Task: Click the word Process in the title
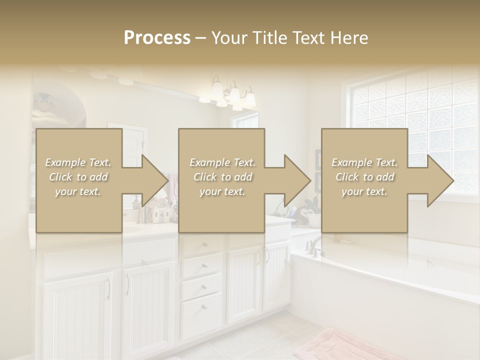point(157,37)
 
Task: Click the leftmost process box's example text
point(78,176)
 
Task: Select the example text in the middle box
point(222,176)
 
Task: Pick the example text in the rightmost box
point(364,176)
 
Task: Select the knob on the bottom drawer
point(203,306)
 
